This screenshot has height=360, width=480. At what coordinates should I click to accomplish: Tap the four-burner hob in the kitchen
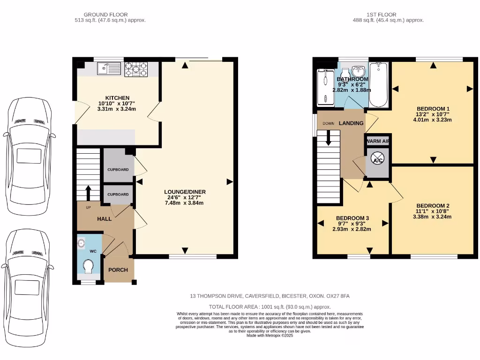(136, 69)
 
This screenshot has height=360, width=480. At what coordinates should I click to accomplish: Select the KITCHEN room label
(117, 98)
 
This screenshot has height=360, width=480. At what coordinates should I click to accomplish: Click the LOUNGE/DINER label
(185, 192)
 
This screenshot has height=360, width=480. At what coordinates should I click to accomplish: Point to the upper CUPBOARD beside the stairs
(118, 169)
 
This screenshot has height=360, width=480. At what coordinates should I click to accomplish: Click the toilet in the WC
(87, 267)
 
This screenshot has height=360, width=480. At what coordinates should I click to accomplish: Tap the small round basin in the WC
(81, 243)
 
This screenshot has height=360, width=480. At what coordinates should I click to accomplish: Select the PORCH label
(118, 270)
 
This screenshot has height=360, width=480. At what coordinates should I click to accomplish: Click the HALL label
(104, 219)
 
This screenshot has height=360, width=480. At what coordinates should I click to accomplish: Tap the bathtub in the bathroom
(378, 85)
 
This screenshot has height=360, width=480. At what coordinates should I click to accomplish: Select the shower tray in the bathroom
(324, 87)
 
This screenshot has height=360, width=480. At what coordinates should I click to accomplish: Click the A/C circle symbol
(377, 160)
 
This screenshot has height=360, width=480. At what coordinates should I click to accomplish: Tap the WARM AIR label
(377, 141)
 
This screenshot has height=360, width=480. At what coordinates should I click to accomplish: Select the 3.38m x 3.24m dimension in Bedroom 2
(431, 217)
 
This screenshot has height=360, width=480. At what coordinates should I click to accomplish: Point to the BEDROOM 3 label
(352, 218)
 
